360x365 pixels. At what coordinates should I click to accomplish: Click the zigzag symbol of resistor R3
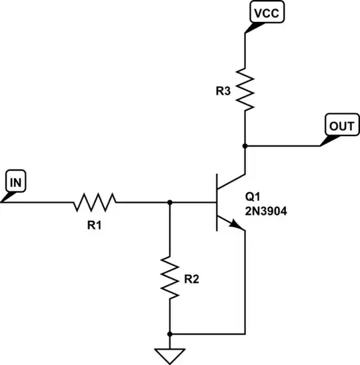click(245, 91)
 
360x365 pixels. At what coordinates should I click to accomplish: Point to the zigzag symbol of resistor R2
click(171, 279)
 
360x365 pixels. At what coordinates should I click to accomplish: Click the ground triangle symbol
click(171, 354)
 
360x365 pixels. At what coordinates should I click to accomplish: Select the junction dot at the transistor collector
click(245, 145)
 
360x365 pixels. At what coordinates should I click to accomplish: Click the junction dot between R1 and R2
click(171, 201)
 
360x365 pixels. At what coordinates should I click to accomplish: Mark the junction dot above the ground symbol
click(171, 333)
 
